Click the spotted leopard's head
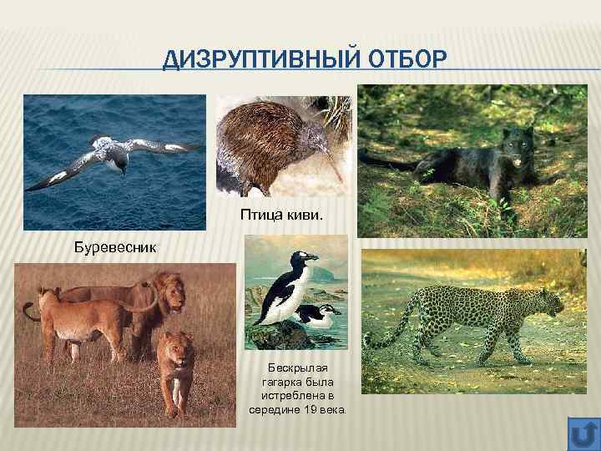pos(552,300)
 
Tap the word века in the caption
pos(339,410)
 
